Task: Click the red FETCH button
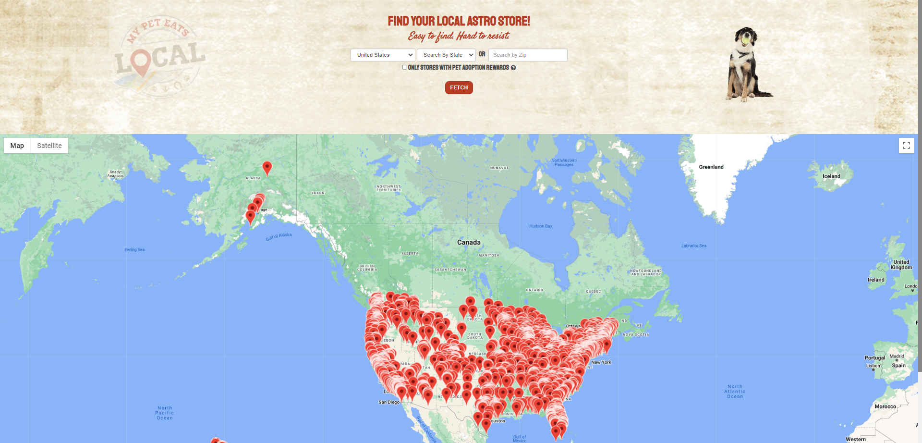[459, 87]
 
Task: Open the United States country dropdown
[383, 55]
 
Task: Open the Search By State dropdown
[446, 55]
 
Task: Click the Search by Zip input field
[527, 55]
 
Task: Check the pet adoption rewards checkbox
[404, 67]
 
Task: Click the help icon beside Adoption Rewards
[513, 68]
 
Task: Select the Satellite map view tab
[49, 146]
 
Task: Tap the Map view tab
[17, 146]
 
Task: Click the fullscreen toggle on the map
[906, 146]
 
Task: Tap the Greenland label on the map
[711, 167]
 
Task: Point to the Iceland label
[831, 176]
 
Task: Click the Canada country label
[469, 243]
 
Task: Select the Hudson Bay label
[540, 226]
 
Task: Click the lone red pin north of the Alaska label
[267, 168]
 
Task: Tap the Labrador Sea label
[693, 246]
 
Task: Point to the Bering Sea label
[134, 250]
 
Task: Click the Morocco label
[885, 406]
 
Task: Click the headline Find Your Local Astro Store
[459, 21]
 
